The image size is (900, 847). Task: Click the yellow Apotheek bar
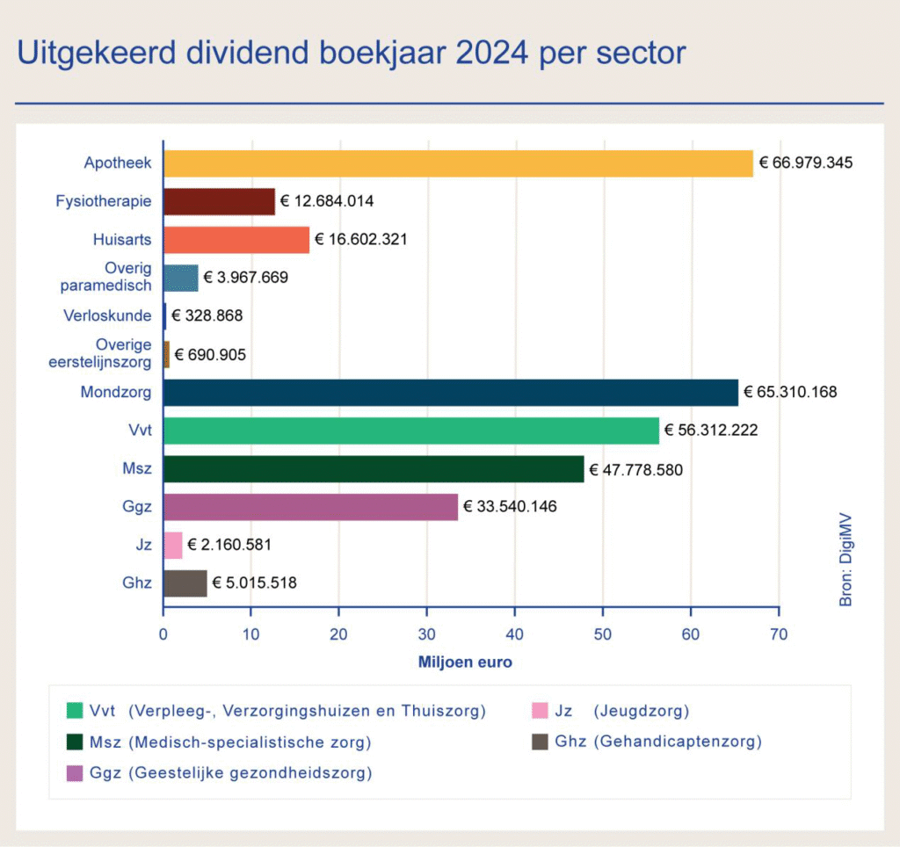pyautogui.click(x=457, y=163)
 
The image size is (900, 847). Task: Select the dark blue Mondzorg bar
pyautogui.click(x=450, y=393)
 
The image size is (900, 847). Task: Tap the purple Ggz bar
pyautogui.click(x=310, y=507)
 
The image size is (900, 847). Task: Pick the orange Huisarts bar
pyautogui.click(x=236, y=240)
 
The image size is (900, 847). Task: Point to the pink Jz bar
pyautogui.click(x=173, y=546)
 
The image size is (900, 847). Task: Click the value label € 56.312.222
pyautogui.click(x=711, y=431)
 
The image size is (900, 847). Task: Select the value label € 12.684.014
pyautogui.click(x=327, y=202)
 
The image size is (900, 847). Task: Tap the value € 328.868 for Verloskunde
pyautogui.click(x=207, y=316)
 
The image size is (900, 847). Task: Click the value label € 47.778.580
pyautogui.click(x=635, y=469)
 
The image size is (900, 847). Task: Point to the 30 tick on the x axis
pyautogui.click(x=427, y=633)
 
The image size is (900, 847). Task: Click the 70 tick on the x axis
pyautogui.click(x=779, y=633)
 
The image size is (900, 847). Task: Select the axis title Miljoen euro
pyautogui.click(x=465, y=662)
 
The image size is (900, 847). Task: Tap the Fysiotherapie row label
pyautogui.click(x=104, y=201)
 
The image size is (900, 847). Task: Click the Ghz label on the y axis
pyautogui.click(x=138, y=583)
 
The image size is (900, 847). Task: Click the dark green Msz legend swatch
pyautogui.click(x=76, y=742)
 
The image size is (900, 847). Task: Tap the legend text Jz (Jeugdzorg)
pyautogui.click(x=621, y=710)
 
